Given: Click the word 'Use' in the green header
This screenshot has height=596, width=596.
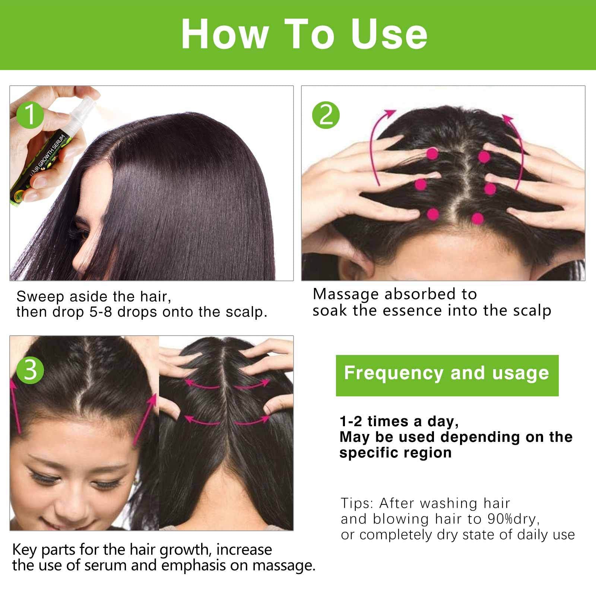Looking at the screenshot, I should pos(389,34).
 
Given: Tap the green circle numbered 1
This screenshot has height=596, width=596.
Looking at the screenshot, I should pos(31,114).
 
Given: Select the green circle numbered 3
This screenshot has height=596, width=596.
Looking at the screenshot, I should pos(31,370).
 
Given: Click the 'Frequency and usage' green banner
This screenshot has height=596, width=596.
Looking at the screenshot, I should pos(447,375).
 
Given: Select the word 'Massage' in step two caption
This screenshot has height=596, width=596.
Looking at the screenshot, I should pos(346,294).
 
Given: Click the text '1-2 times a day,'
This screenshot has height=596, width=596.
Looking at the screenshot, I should pos(399,421).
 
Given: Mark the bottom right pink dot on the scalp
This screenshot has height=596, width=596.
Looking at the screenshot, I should pos(477,218).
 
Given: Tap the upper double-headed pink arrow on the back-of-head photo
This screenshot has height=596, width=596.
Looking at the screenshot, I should pos(227,384).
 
